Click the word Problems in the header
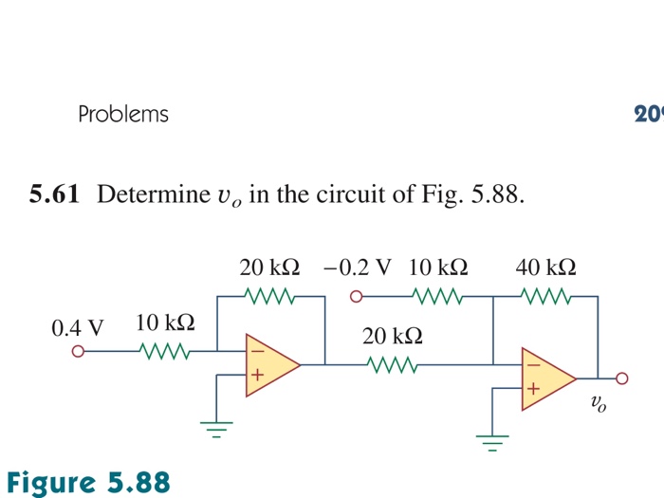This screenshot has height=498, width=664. coord(123,115)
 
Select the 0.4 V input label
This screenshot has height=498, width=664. coord(78,328)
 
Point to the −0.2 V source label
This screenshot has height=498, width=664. coord(357,266)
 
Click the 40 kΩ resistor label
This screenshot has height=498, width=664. coord(545,266)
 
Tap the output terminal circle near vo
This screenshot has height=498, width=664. coord(622,378)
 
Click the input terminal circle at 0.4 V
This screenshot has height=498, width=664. coord(79,353)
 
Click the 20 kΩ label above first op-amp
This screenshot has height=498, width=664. coord(270,266)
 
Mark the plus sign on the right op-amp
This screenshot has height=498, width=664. coord(533,389)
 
